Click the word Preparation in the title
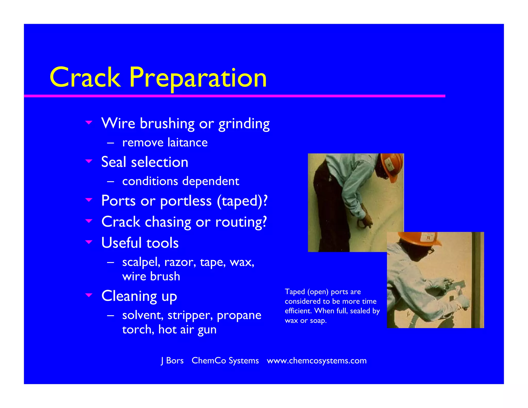[x=198, y=77]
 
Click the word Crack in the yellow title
[x=85, y=77]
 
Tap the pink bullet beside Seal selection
[x=89, y=161]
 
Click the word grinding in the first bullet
[x=244, y=124]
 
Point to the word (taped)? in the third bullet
[x=242, y=201]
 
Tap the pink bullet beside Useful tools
[x=89, y=242]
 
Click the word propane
[x=239, y=315]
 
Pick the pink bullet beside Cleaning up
[x=89, y=295]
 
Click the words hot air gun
[x=187, y=330]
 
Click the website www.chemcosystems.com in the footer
[x=317, y=361]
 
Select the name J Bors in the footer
[x=172, y=361]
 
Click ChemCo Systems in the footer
[x=225, y=361]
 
